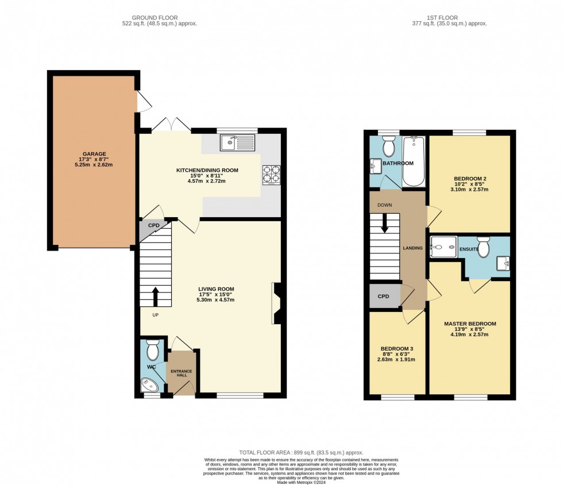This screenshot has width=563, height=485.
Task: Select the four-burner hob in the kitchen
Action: point(271,174)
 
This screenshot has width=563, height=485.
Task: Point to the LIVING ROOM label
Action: point(216,289)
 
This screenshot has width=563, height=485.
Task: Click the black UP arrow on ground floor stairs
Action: point(155,296)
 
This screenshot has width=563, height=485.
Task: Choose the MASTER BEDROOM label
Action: point(469,324)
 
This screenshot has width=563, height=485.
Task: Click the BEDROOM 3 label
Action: point(397,349)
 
